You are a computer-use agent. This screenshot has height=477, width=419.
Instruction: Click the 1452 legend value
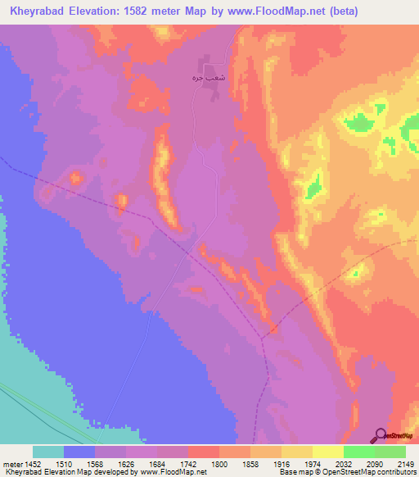click(x=29, y=462)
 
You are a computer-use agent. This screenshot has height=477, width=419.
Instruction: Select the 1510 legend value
click(x=63, y=462)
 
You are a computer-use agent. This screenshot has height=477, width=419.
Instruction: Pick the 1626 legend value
click(x=127, y=462)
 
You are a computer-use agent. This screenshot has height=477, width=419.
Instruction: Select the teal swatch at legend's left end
click(x=48, y=452)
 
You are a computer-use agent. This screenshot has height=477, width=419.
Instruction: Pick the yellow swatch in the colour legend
click(x=328, y=452)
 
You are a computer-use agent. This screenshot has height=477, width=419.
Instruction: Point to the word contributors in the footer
click(x=396, y=472)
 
